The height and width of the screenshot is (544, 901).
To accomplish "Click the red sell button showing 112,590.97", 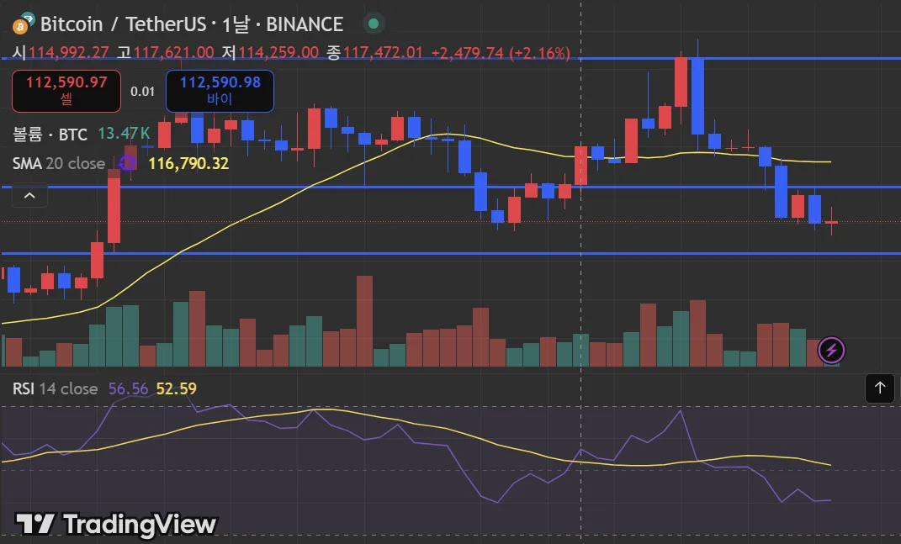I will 66,91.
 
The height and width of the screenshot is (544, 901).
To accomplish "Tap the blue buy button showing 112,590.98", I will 220,91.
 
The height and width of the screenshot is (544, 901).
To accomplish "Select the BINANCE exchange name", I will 305,24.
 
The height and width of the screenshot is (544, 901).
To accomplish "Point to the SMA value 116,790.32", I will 188,163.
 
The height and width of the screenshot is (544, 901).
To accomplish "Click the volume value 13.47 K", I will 124,133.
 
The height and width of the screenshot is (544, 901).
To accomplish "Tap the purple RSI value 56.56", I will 128,388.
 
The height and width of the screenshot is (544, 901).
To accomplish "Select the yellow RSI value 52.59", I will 177,388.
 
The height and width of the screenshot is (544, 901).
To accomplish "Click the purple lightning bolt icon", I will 832,350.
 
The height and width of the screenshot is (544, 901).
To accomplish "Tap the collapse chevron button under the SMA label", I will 29,196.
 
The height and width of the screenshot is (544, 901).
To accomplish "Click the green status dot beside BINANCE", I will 374,24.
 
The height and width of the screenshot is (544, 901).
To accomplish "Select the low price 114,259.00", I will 278,52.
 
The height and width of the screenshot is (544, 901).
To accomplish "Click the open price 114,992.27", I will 69,52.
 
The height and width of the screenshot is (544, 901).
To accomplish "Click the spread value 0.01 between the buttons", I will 143,91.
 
